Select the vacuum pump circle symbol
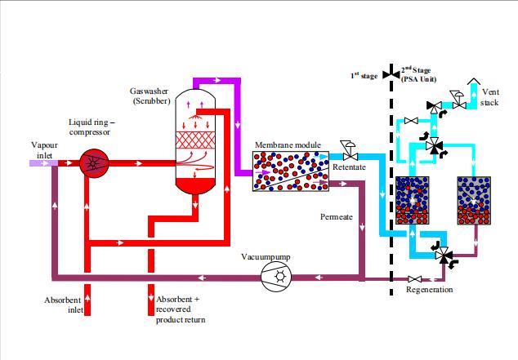click(x=275, y=278)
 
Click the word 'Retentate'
click(x=349, y=167)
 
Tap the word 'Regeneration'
click(x=429, y=290)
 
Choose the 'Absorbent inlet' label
click(x=63, y=305)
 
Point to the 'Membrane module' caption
click(x=287, y=144)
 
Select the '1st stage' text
click(x=364, y=75)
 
